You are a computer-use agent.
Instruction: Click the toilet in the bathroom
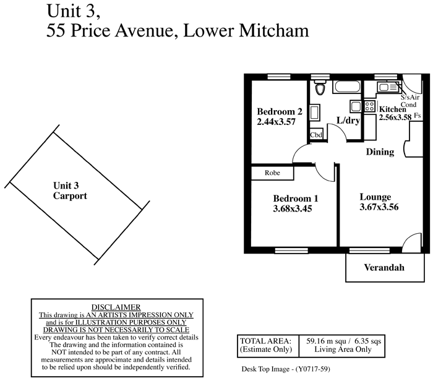point(320,87)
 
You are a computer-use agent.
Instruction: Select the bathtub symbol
point(348,87)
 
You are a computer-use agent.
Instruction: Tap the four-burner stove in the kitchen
point(369,106)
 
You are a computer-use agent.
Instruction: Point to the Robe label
point(272,173)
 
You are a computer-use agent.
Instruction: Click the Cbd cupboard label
point(316,135)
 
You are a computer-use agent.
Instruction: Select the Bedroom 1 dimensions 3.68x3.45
point(293,208)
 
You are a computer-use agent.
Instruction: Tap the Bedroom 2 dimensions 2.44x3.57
point(276,122)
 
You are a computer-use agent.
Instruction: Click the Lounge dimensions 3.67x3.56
point(379,207)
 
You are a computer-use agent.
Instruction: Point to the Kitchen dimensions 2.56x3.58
point(395,118)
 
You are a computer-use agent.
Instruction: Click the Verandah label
point(384,268)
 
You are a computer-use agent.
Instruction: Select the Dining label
point(380,152)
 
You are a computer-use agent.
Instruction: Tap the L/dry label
point(348,121)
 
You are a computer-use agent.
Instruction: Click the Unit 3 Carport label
point(70,191)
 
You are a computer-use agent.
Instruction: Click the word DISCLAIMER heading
point(116,307)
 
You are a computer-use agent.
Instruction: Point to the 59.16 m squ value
point(326,341)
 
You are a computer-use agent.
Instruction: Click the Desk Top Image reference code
point(286,369)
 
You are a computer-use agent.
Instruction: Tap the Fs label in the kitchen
point(418,116)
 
